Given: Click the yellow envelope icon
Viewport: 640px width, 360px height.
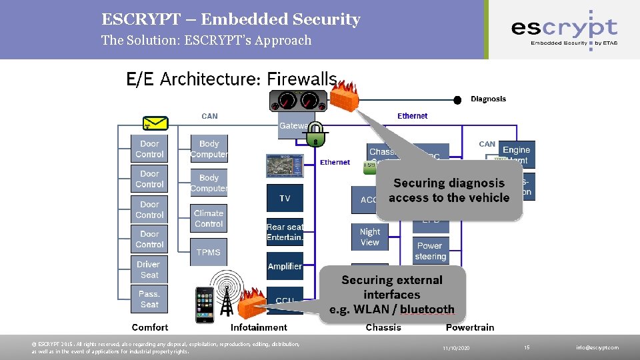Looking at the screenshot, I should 156,123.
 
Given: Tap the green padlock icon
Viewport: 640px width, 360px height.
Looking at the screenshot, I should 315,133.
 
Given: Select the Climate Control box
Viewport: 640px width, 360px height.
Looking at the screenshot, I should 209,219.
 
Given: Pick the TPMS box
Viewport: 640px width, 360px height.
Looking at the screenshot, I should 209,252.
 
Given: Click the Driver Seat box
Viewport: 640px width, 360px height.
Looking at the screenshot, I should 149,269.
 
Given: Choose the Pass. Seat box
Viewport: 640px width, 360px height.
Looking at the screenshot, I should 149,299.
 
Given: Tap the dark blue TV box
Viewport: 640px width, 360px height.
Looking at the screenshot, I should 285,199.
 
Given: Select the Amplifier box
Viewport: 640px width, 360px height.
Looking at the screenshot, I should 285,266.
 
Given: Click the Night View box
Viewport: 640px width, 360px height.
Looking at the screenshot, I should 369,237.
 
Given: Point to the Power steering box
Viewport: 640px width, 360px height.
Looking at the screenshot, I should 430,251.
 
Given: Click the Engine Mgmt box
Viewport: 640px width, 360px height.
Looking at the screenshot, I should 517,154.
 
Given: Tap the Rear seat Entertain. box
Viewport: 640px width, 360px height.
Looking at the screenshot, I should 285,232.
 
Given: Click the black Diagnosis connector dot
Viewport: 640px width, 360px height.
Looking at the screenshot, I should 457,100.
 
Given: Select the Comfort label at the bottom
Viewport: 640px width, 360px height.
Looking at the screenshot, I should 150,327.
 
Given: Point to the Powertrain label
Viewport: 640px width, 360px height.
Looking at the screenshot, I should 470,327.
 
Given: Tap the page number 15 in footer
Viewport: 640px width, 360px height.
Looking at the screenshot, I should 527,347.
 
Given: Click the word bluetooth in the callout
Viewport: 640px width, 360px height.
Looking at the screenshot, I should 427,310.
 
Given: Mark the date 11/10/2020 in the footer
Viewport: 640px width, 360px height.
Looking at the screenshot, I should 456,348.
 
